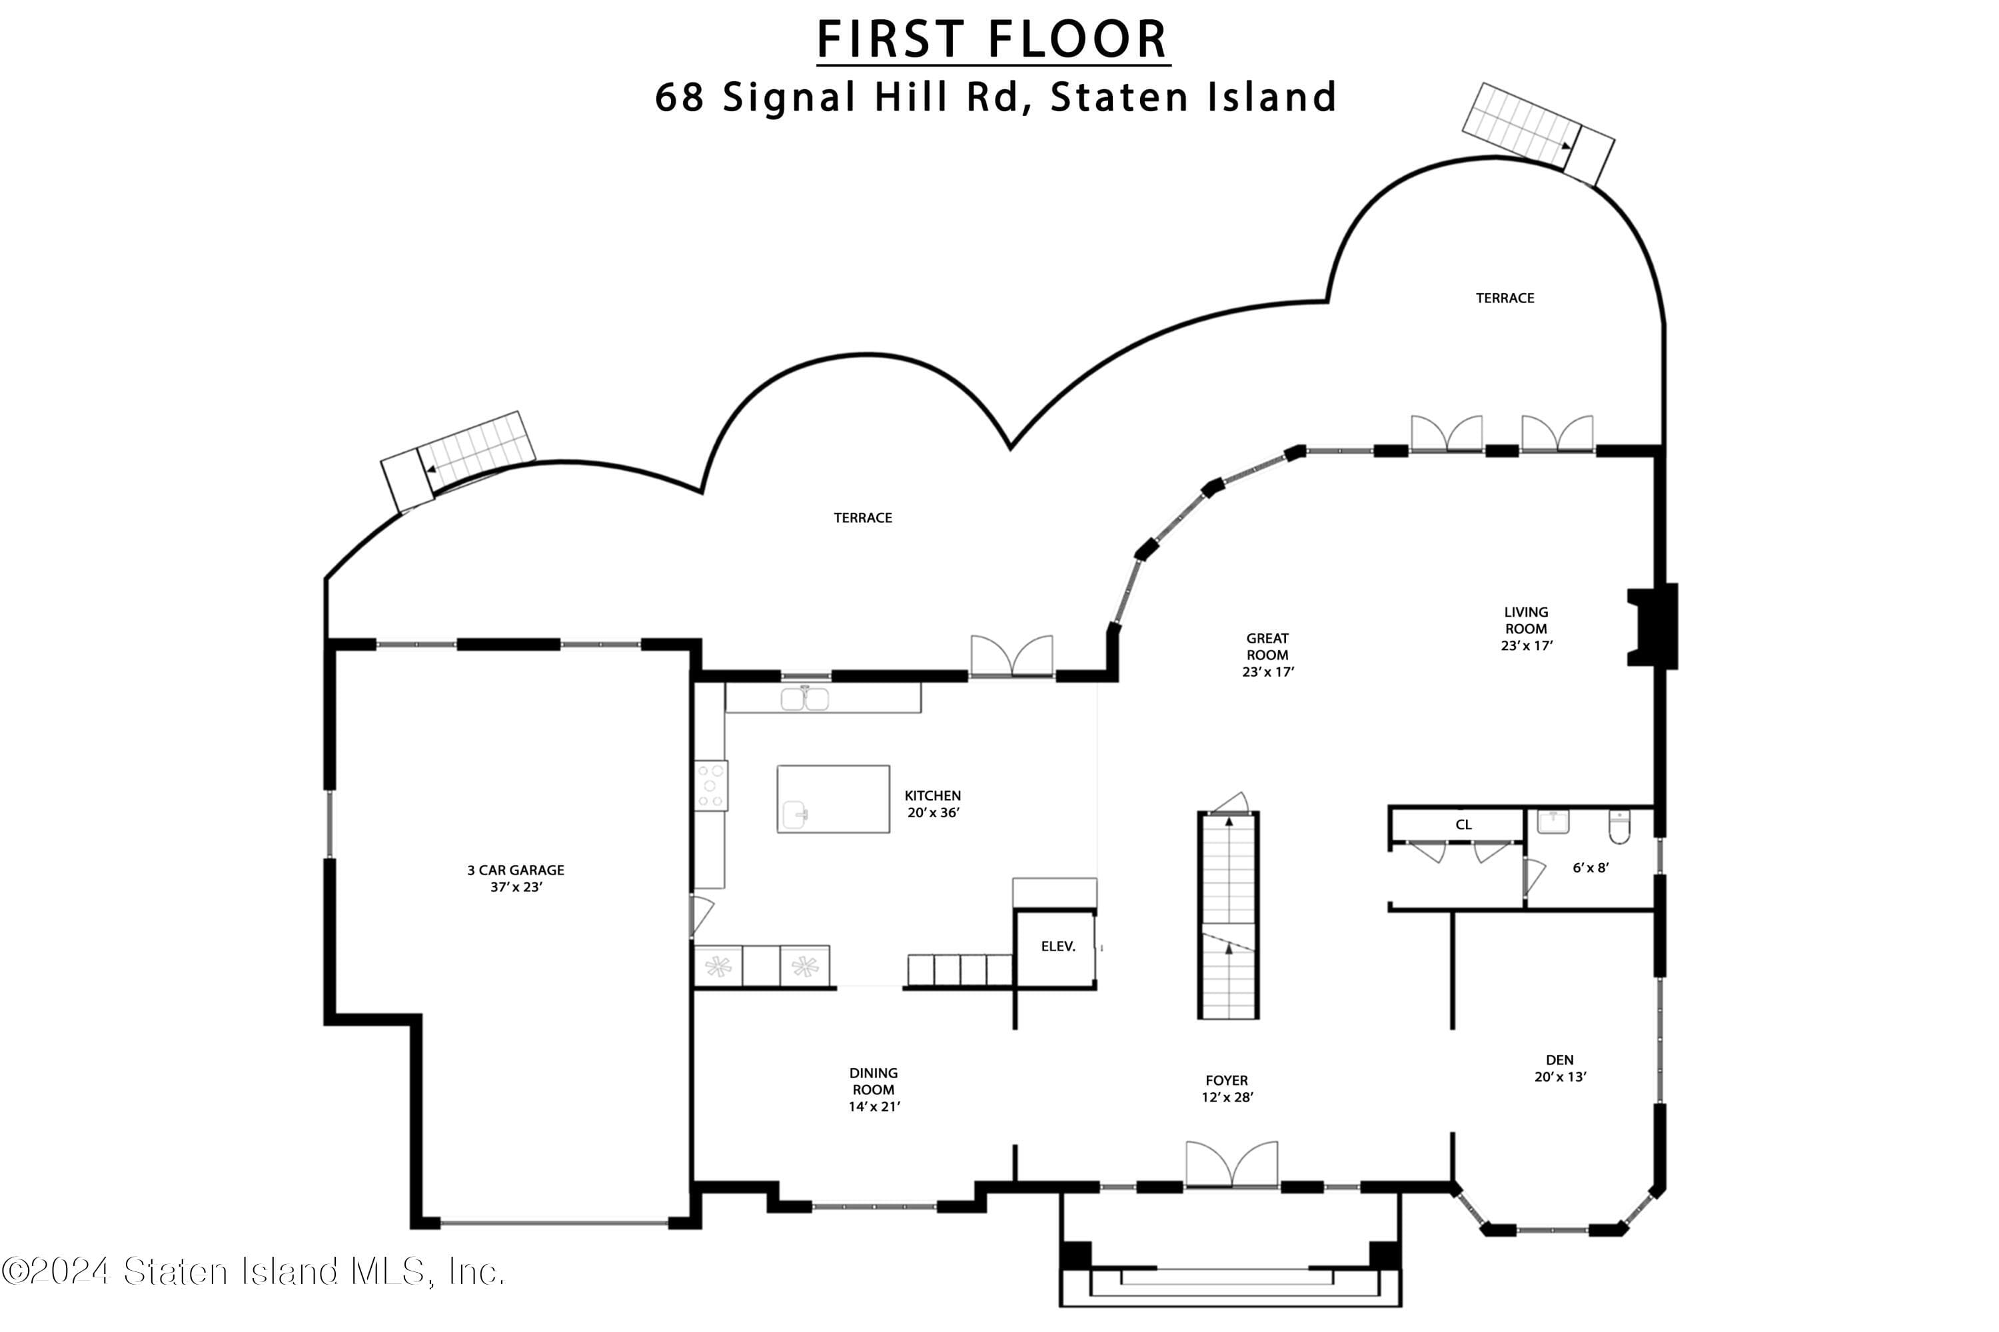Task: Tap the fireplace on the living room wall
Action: point(1653,626)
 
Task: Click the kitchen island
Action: point(833,799)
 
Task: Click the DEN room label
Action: point(1560,1060)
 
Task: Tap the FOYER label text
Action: point(1227,1080)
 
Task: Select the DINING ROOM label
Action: point(874,1082)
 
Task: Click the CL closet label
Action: point(1463,825)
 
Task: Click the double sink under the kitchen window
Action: point(805,698)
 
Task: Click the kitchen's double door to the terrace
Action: point(1011,657)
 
